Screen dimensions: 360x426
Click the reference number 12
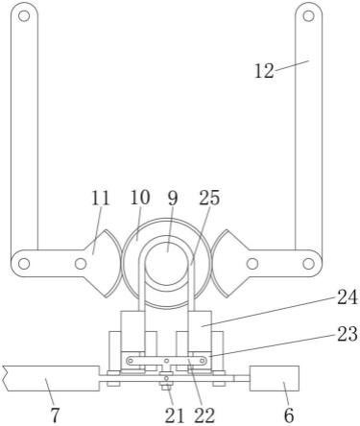click(264, 71)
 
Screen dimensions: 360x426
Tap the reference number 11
click(101, 199)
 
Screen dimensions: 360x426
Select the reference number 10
click(140, 198)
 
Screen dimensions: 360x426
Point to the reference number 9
click(172, 199)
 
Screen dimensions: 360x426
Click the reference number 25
click(209, 198)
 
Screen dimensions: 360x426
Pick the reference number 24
click(347, 297)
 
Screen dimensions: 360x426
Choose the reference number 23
click(347, 334)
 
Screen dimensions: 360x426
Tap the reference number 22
click(204, 415)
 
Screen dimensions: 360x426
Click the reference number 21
click(175, 415)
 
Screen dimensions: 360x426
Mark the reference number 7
click(55, 415)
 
